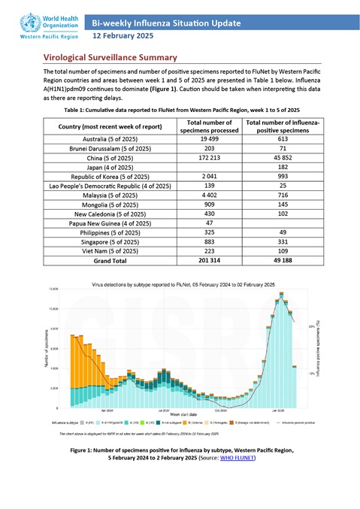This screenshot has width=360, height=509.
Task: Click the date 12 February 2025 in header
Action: [123, 35]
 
